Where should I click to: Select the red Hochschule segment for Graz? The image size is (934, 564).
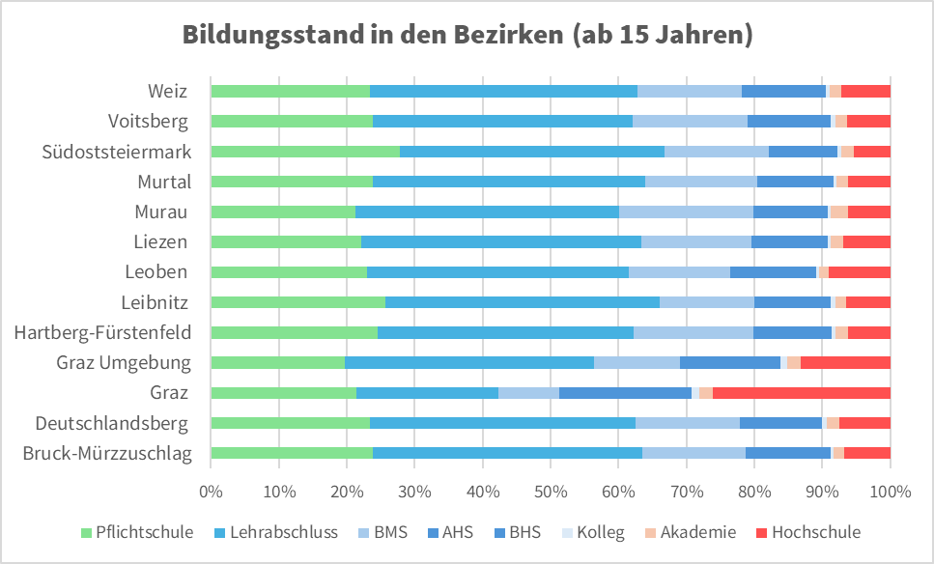pos(801,392)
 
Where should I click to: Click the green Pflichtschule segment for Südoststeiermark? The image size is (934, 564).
pos(304,152)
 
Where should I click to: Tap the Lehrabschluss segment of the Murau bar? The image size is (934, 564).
pos(487,211)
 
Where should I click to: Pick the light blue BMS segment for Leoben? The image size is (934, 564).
pos(679,272)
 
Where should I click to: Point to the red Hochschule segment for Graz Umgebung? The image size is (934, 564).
pos(845,362)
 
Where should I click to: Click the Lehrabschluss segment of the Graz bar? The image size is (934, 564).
pos(427,392)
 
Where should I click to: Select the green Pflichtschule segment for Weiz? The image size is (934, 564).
pos(290,91)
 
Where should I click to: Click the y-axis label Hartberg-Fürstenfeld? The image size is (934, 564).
pos(102,332)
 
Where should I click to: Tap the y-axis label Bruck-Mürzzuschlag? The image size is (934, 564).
pos(107,453)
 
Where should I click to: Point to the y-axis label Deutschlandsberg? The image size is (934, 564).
pos(113,423)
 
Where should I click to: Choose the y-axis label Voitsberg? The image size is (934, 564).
pos(149,122)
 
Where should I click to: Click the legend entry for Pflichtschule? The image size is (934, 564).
pos(136,532)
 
